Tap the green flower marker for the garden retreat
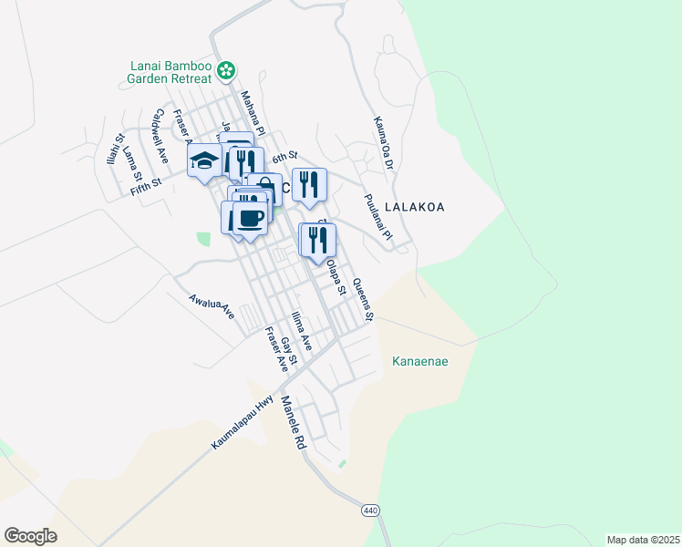pos(227,68)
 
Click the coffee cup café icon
pos(251,218)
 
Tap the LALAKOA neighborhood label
pos(415,207)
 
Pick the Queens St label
pos(363,300)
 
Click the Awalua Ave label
pos(212,306)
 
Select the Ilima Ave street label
pos(301,332)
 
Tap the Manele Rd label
pos(293,423)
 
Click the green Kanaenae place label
pos(420,361)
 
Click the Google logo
pos(30,536)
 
